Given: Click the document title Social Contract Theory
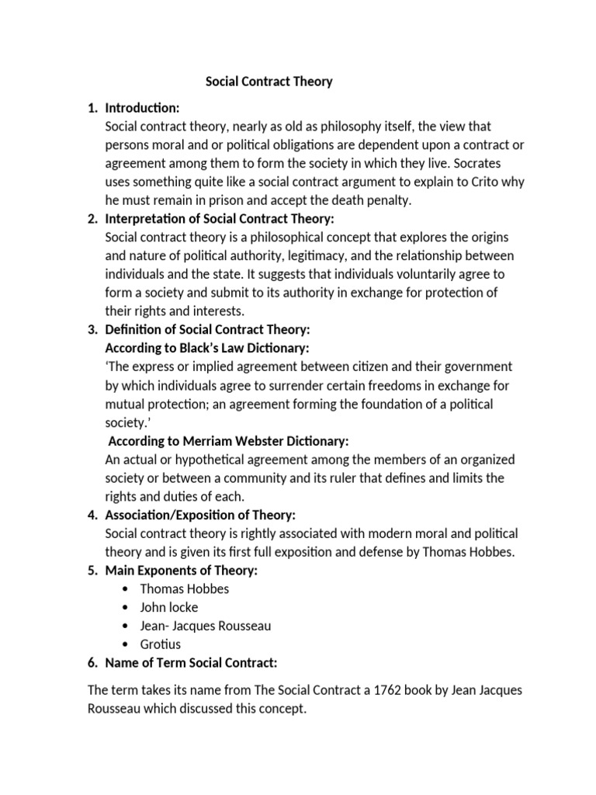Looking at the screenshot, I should (269, 82).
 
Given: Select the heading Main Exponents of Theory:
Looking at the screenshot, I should (181, 571).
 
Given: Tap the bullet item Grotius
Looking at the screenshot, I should (161, 644).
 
